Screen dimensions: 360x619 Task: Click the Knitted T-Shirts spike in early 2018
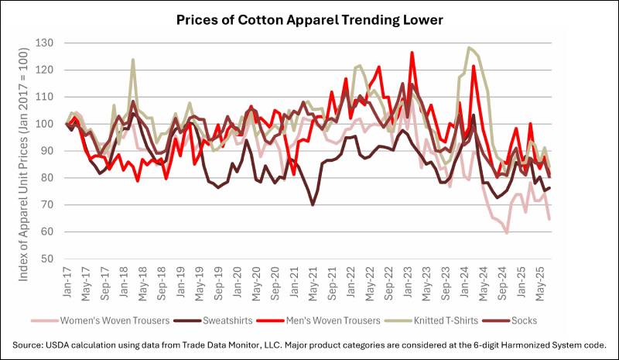click(133, 60)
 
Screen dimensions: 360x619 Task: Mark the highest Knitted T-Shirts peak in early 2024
click(469, 48)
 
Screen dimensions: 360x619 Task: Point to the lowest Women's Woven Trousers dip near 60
click(507, 232)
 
